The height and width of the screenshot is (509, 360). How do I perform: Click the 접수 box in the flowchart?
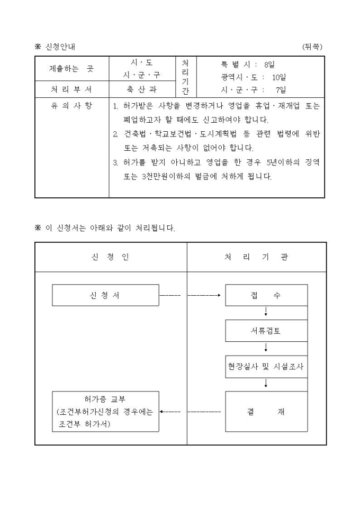[x=266, y=295]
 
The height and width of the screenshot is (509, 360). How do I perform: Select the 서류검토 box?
[x=266, y=331]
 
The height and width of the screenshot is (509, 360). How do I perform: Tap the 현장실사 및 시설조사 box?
[x=266, y=367]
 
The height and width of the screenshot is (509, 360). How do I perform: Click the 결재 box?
[x=266, y=412]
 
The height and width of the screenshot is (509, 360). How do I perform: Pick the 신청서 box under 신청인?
[x=105, y=295]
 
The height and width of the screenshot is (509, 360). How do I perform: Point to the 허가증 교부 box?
[x=105, y=412]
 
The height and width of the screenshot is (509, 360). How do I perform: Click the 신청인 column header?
[x=111, y=257]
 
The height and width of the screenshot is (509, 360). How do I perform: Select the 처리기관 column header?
[x=257, y=257]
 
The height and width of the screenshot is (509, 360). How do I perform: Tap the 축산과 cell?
[x=141, y=89]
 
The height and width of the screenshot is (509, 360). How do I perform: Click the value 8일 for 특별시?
[x=269, y=65]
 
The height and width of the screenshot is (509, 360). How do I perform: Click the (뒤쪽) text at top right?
[x=312, y=47]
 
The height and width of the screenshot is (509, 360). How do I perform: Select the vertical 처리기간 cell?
[x=185, y=77]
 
